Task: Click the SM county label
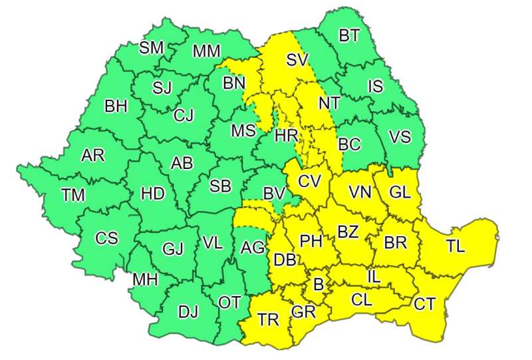tap(152, 48)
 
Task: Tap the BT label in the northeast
tap(349, 36)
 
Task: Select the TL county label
tap(456, 246)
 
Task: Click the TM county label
tap(74, 195)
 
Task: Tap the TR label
tap(269, 320)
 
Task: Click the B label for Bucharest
tap(318, 285)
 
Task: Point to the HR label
tap(286, 136)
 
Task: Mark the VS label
tap(400, 137)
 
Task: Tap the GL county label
tap(400, 192)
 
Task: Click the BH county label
tap(116, 106)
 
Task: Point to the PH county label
tap(311, 240)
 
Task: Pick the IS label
tap(376, 85)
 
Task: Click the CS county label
tap(106, 238)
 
